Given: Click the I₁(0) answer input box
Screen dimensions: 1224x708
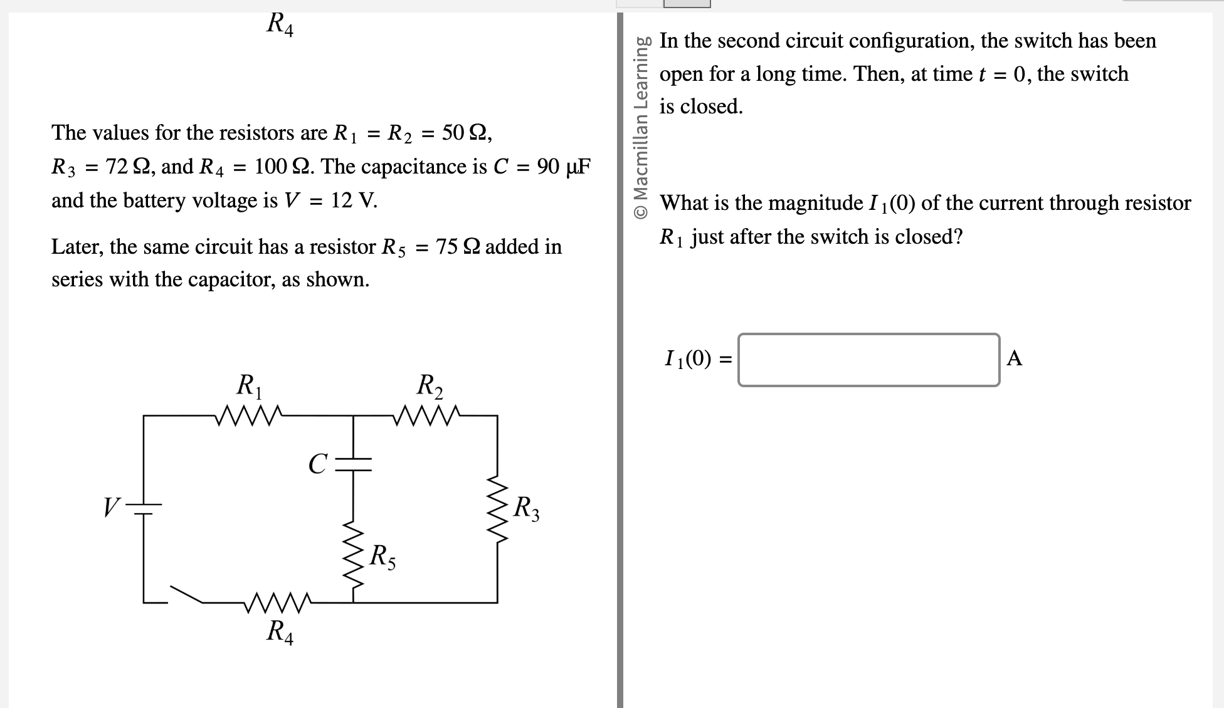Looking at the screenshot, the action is (868, 360).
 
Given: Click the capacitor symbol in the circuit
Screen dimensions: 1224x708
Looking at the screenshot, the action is (353, 464).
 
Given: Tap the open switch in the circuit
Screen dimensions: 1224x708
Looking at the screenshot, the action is (186, 595).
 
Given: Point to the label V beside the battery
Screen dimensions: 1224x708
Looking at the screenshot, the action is (112, 507).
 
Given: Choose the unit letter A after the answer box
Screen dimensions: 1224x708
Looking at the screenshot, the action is (1014, 358).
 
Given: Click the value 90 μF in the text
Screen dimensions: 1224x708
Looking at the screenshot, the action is (564, 167).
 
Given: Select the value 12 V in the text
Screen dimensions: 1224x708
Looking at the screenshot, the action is (354, 200).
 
